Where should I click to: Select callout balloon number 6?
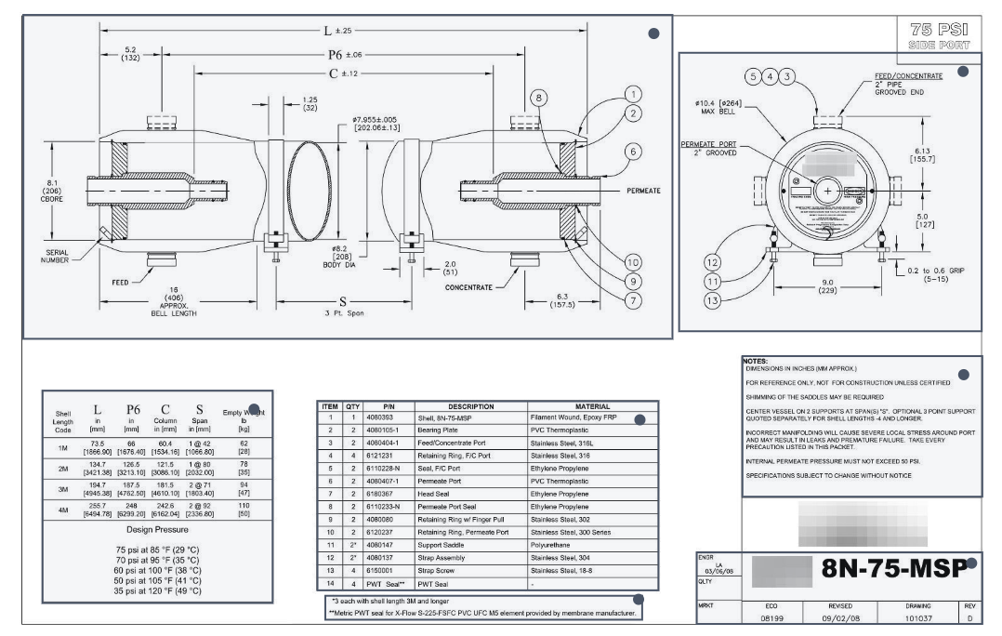click(634, 151)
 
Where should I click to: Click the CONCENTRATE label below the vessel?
click(468, 288)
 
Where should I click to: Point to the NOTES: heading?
click(755, 361)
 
